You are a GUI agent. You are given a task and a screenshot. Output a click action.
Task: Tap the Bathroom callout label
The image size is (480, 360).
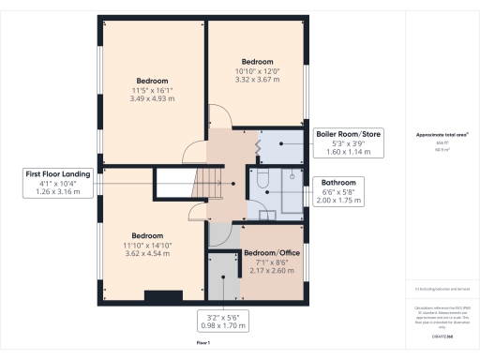click(x=337, y=183)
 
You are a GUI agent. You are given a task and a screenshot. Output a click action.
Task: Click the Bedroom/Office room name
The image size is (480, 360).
click(x=272, y=254)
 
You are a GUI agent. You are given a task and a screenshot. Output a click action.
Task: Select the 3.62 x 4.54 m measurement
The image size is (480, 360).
click(x=147, y=253)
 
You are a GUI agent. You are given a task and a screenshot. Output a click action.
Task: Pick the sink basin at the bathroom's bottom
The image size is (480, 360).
click(x=268, y=215)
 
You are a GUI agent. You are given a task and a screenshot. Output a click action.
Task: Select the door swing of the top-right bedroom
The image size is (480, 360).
click(x=219, y=119)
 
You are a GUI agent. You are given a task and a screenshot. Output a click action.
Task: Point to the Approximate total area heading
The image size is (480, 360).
click(x=442, y=135)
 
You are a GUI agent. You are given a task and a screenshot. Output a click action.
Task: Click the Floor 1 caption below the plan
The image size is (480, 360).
click(x=203, y=344)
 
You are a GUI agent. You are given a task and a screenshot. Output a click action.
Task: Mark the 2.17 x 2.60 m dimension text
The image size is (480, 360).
click(x=272, y=272)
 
